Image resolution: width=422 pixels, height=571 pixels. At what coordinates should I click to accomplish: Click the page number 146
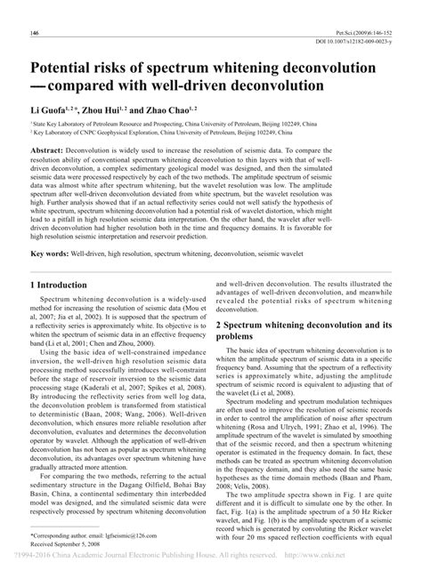tap(36, 33)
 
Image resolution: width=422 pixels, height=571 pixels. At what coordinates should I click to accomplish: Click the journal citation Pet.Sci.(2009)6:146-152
tap(359, 32)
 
